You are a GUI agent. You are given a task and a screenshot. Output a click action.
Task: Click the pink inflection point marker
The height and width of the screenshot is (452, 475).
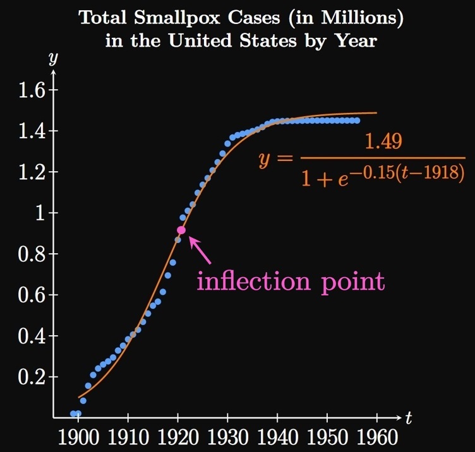181,230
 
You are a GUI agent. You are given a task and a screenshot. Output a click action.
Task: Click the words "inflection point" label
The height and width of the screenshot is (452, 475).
290,280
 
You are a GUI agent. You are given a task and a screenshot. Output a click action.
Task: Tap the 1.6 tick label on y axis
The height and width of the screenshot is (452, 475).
32,90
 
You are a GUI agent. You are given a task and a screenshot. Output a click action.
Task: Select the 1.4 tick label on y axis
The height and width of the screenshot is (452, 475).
32,131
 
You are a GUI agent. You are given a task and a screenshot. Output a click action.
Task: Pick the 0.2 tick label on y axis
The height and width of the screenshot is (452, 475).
32,378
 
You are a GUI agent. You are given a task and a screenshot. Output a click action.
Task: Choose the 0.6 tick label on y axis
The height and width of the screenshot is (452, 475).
32,295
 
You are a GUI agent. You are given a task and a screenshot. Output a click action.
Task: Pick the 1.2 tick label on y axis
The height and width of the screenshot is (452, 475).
32,172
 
